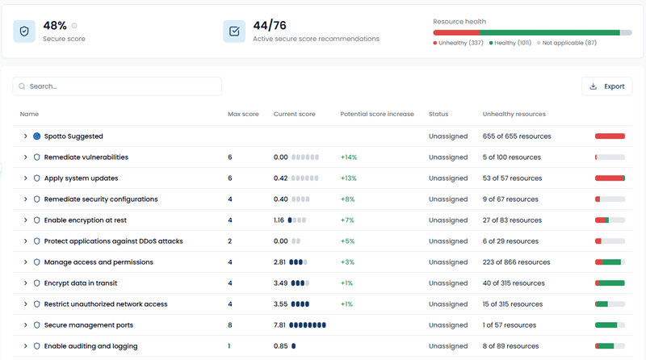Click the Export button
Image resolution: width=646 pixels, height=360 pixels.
pyautogui.click(x=606, y=86)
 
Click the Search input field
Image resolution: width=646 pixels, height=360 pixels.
pyautogui.click(x=117, y=86)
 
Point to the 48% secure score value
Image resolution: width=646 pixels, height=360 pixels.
pyautogui.click(x=55, y=26)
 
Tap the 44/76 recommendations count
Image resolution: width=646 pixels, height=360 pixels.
pyautogui.click(x=271, y=26)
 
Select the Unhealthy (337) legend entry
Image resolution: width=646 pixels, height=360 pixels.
pyautogui.click(x=459, y=43)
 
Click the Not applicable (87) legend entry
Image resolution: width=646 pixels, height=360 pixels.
pyautogui.click(x=568, y=43)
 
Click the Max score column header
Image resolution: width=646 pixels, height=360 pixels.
pyautogui.click(x=243, y=115)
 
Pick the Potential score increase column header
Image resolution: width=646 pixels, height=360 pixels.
pyautogui.click(x=377, y=115)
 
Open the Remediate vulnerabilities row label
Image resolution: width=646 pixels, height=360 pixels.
pyautogui.click(x=86, y=157)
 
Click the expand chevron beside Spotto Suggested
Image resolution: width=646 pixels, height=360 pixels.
pyautogui.click(x=26, y=136)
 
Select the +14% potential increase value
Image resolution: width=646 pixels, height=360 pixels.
pyautogui.click(x=349, y=157)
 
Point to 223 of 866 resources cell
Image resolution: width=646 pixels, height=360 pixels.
pyautogui.click(x=516, y=262)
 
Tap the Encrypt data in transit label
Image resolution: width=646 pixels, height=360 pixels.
pyautogui.click(x=81, y=283)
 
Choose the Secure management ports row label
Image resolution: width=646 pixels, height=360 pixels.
pyautogui.click(x=89, y=325)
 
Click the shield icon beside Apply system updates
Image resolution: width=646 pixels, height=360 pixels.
pyautogui.click(x=36, y=178)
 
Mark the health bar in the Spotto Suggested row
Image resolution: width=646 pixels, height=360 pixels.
pyautogui.click(x=610, y=136)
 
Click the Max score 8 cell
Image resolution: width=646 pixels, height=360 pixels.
pyautogui.click(x=230, y=325)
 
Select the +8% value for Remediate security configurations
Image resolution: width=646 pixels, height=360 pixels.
pyautogui.click(x=347, y=199)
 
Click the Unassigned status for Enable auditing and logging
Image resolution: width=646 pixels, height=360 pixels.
pyautogui.click(x=448, y=346)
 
